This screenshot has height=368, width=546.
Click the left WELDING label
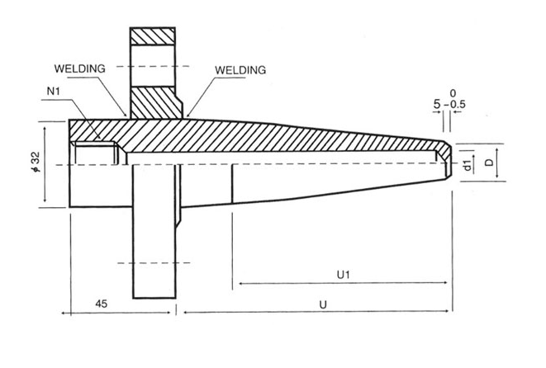[80, 68]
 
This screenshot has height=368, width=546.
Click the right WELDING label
[240, 70]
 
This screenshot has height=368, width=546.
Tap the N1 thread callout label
[54, 91]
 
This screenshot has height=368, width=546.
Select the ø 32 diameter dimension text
[36, 162]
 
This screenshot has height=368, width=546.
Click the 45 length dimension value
[101, 304]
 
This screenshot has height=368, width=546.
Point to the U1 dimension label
[343, 275]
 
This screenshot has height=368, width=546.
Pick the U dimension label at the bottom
[323, 304]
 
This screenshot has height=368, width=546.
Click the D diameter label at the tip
[490, 162]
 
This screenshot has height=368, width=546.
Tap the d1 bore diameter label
[468, 164]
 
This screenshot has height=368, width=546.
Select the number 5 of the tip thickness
[437, 104]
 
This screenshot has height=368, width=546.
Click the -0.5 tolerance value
[455, 104]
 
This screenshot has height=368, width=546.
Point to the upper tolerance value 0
[453, 93]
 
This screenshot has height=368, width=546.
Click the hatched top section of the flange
[153, 36]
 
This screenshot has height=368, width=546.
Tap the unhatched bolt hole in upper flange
[153, 65]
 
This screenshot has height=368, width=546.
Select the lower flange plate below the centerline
[154, 231]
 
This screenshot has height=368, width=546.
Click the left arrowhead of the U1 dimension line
[241, 284]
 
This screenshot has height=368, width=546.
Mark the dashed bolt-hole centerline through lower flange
[154, 263]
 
